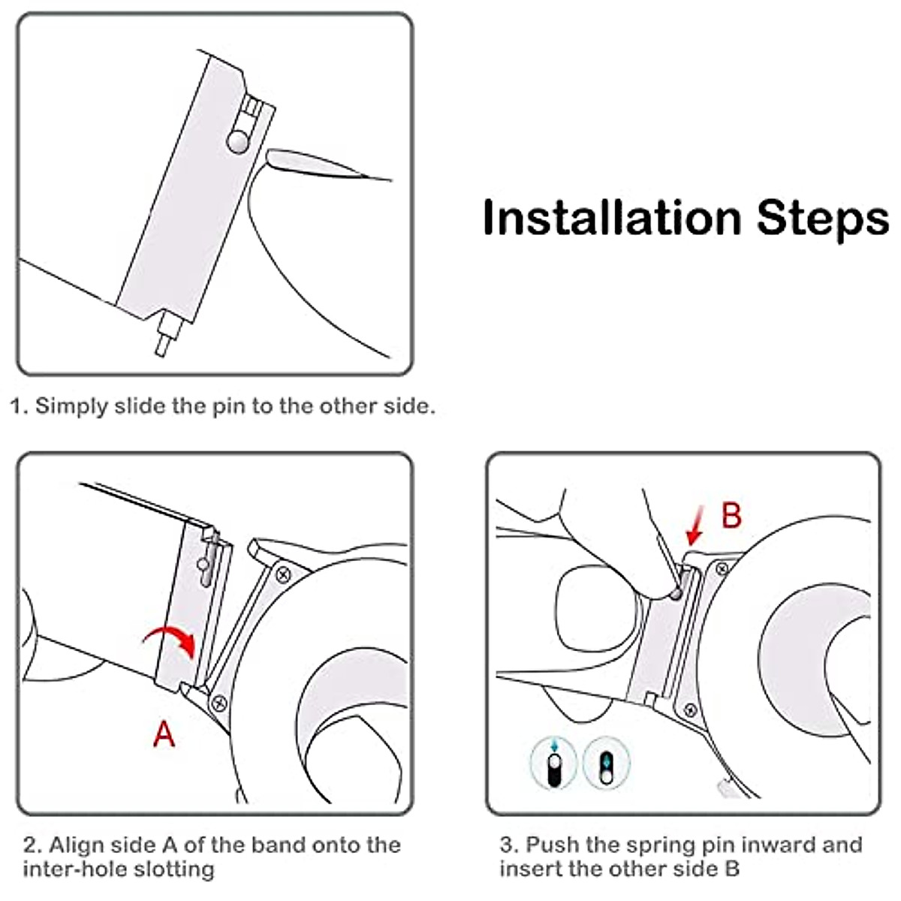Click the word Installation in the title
tap(612, 218)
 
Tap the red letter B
tap(732, 515)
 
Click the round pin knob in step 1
tap(239, 142)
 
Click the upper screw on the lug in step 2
tap(283, 574)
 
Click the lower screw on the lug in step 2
tap(219, 703)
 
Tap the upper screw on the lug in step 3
tap(722, 569)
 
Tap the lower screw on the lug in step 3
tap(690, 711)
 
